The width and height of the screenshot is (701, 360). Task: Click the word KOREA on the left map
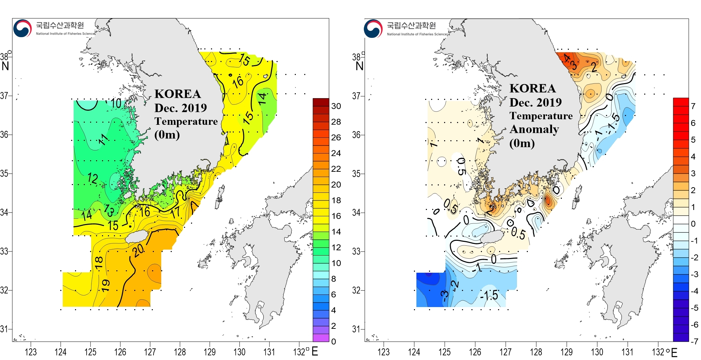178,94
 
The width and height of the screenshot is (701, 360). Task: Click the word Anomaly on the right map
534,129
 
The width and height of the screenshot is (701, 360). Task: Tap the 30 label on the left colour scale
336,106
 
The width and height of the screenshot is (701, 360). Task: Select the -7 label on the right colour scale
694,341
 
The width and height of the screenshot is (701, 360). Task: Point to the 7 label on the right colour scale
693,106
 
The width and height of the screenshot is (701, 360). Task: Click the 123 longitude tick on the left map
30,352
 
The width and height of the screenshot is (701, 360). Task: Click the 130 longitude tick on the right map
597,352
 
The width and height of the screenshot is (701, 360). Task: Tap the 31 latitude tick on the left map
4,329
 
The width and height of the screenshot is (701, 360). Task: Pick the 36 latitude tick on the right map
356,135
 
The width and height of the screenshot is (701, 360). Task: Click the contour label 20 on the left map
138,250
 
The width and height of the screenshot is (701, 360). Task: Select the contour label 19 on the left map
106,285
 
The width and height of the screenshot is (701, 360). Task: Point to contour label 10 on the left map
116,103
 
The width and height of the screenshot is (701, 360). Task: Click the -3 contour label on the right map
445,295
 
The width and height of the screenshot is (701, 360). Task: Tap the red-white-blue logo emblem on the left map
22,28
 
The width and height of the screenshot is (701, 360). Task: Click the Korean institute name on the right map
411,25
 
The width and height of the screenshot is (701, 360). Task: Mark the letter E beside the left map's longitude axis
315,351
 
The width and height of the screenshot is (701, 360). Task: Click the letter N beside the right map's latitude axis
359,66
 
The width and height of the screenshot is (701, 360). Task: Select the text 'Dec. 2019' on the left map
181,108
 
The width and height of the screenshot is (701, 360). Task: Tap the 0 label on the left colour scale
333,341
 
